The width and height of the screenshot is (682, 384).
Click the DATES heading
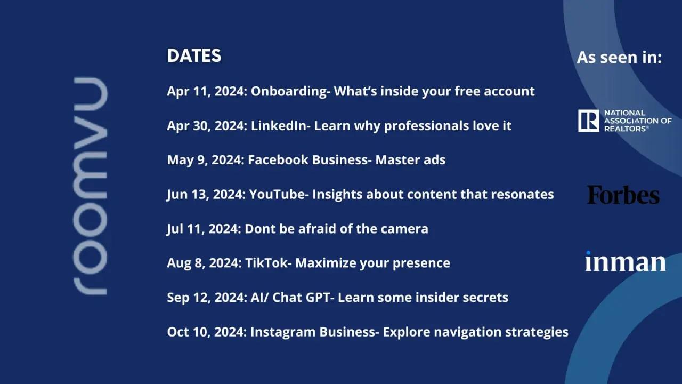(194, 56)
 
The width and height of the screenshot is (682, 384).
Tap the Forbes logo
(623, 195)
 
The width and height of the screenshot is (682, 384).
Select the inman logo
(625, 261)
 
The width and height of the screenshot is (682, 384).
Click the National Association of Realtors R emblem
(589, 121)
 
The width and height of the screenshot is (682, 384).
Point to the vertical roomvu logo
(90, 186)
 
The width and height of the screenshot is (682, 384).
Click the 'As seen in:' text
(619, 57)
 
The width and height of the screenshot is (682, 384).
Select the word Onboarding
(289, 91)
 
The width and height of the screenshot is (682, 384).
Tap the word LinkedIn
(279, 125)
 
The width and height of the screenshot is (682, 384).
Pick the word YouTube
(277, 194)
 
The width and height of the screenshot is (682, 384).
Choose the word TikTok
(266, 263)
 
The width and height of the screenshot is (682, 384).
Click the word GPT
(317, 298)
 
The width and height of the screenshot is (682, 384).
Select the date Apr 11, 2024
(206, 91)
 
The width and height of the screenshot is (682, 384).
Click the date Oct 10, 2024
(206, 332)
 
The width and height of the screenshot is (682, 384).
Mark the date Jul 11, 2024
(203, 229)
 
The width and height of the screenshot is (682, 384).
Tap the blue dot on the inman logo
(588, 253)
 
